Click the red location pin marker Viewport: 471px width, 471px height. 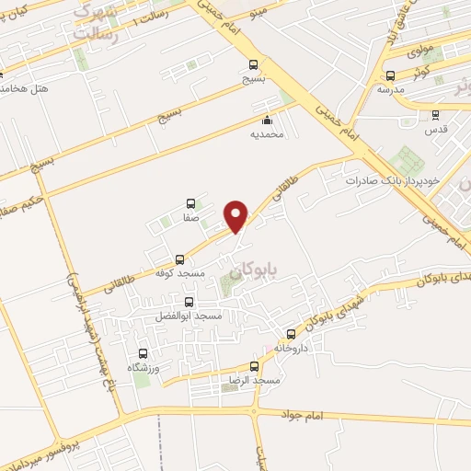[237, 215]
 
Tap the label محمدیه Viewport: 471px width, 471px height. [267, 134]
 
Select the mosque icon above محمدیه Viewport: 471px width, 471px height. [267, 120]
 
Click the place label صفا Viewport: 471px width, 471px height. [190, 219]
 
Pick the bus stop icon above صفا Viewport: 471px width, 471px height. [190, 203]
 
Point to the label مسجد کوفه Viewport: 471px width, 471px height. [180, 275]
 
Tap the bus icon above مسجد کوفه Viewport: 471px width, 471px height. [179, 259]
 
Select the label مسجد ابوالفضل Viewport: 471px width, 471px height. [190, 316]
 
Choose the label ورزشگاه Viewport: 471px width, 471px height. [143, 368]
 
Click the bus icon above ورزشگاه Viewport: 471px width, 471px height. [143, 353]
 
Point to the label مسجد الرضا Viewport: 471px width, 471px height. [255, 380]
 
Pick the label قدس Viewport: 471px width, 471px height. [435, 130]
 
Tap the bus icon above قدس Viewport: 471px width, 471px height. [435, 115]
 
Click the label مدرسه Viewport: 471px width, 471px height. [390, 90]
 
